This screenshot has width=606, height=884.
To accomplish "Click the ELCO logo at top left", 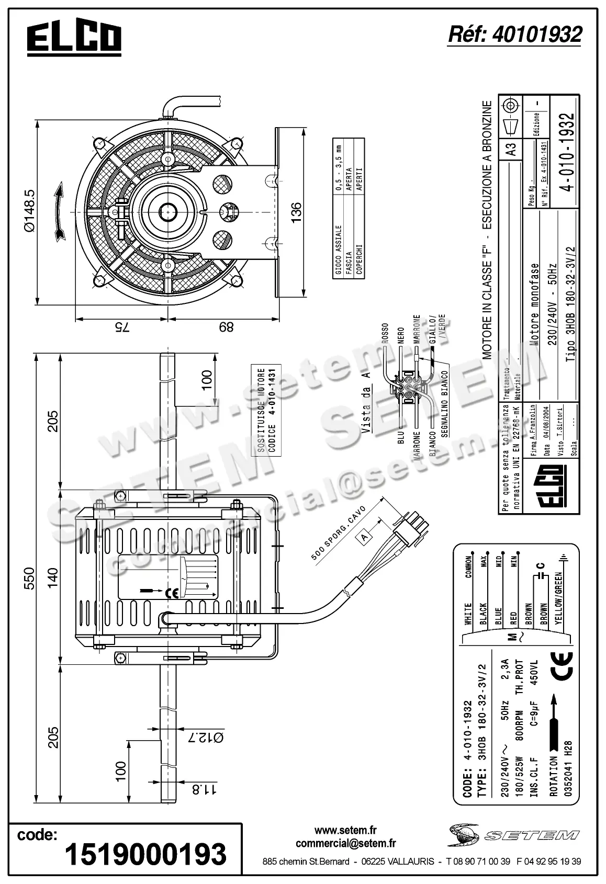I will click(74, 39).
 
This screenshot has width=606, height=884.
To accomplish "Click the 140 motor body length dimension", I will click(53, 578).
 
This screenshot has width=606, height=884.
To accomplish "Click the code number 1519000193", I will click(145, 853).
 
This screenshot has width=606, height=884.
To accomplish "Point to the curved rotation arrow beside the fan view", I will click(59, 211).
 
